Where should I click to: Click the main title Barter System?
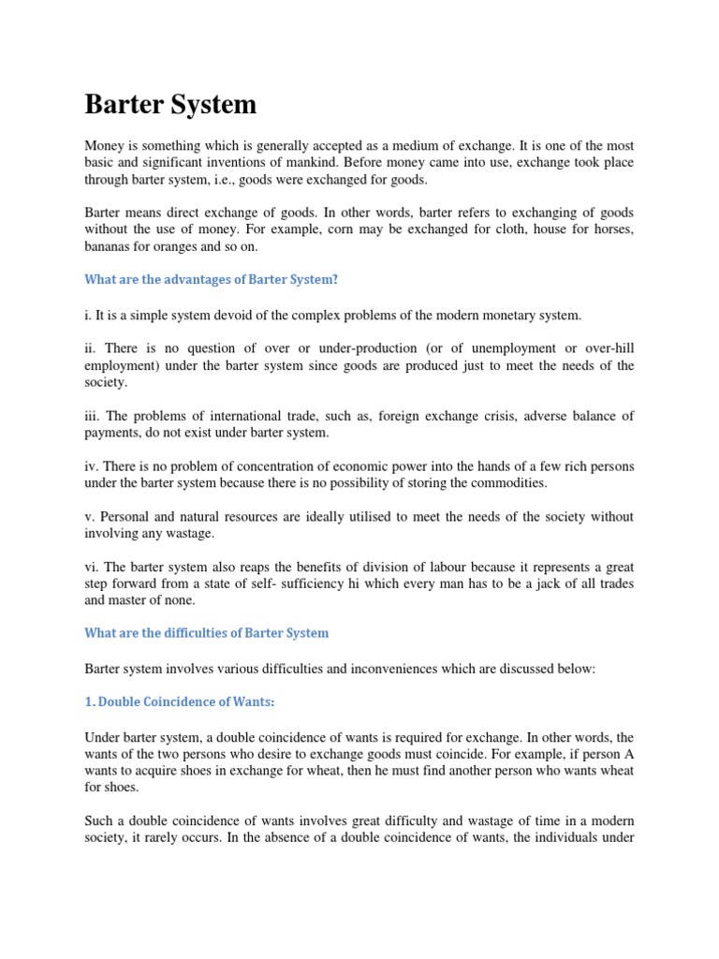pos(170,104)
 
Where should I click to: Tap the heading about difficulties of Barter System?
pos(207,632)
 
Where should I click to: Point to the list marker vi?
pos(92,566)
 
